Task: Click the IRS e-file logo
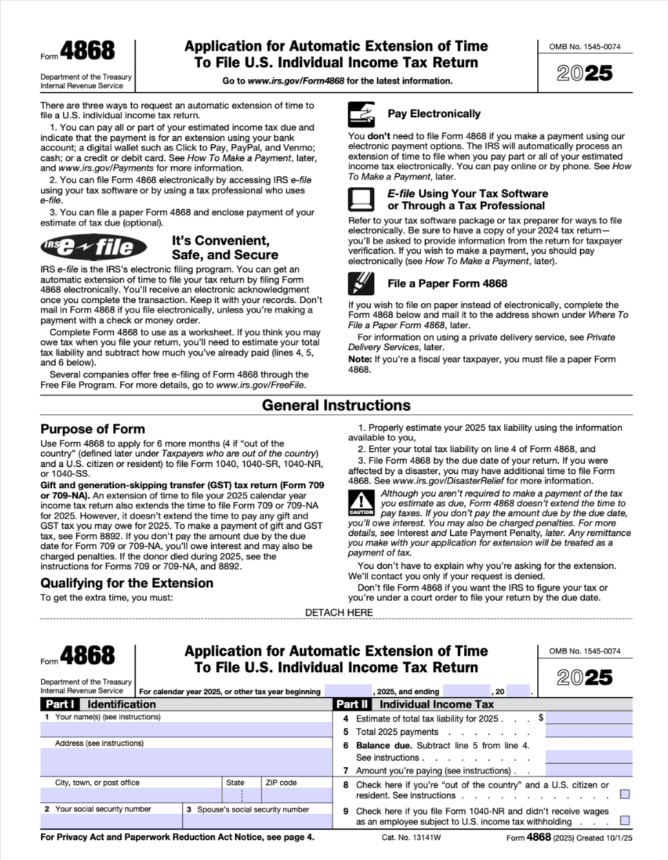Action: [x=93, y=246]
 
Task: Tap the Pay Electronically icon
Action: [x=361, y=114]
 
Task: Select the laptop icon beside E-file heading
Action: [x=361, y=199]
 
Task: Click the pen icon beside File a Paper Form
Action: [x=361, y=283]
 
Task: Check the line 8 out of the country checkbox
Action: [x=625, y=794]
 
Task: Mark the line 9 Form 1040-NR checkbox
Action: [x=625, y=821]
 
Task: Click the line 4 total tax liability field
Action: [x=589, y=718]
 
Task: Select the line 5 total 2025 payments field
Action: [x=589, y=732]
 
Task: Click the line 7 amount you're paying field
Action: [x=589, y=770]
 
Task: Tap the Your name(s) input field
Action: [x=186, y=730]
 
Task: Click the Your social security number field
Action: [x=111, y=821]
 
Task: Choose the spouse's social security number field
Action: [x=257, y=821]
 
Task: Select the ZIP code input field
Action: [x=297, y=795]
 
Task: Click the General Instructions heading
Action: [x=336, y=405]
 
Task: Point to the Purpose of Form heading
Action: [x=92, y=429]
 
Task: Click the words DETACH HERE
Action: [x=339, y=612]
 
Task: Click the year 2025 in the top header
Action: [x=585, y=73]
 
